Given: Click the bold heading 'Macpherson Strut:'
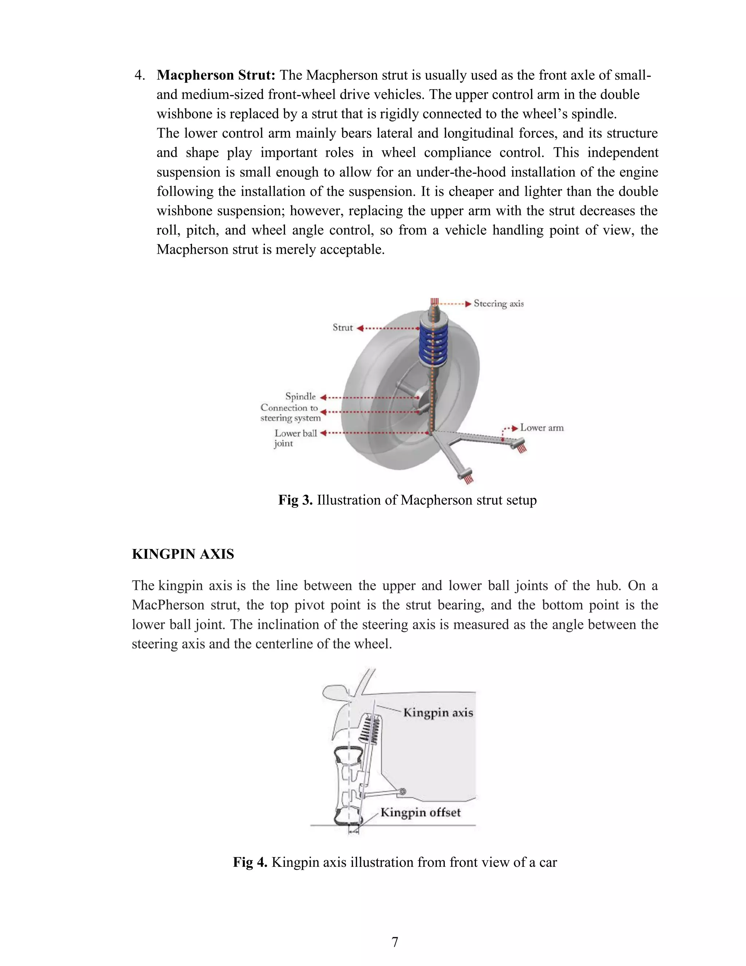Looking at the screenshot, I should [216, 75].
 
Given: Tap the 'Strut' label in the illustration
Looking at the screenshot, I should [342, 328].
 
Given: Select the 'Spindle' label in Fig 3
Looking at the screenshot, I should [301, 396].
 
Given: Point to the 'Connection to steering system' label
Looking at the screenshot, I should [290, 413].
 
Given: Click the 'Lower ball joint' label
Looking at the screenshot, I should [295, 438].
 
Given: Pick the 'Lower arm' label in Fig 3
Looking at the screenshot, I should [541, 428].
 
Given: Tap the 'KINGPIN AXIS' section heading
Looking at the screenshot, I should [183, 554].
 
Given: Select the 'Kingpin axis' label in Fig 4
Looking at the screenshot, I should [438, 713].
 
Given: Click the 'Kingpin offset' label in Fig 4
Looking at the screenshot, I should [420, 813].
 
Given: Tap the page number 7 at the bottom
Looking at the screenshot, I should [394, 942].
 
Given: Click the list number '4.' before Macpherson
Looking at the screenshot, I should [140, 75].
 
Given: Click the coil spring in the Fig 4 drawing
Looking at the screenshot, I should [370, 730].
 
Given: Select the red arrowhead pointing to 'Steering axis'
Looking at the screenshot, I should [468, 304].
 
